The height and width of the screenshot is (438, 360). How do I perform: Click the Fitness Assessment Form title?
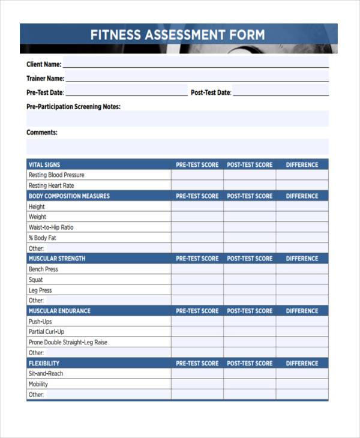click(178, 34)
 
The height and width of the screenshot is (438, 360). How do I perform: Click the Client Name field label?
click(44, 64)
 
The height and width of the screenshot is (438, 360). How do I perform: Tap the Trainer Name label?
click(45, 79)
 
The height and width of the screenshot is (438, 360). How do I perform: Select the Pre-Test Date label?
click(44, 93)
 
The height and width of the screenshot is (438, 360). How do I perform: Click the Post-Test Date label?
click(211, 93)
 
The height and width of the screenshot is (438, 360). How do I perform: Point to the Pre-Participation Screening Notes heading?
click(73, 107)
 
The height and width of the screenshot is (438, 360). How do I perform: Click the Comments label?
click(42, 133)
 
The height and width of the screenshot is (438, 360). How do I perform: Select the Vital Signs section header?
click(44, 164)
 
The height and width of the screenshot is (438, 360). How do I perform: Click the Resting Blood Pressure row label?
click(56, 175)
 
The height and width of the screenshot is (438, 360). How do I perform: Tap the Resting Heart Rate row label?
click(52, 185)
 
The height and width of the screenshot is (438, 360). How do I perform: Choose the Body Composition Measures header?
click(69, 196)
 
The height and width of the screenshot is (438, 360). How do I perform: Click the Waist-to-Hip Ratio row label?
click(51, 227)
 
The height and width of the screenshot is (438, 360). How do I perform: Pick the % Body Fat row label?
click(42, 238)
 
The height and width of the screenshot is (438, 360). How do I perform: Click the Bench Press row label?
click(43, 269)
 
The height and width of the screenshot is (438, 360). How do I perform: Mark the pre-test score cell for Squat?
click(197, 280)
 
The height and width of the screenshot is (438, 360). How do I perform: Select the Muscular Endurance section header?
click(59, 311)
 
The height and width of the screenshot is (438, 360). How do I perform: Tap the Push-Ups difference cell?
click(302, 322)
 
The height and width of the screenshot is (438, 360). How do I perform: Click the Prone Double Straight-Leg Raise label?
click(68, 342)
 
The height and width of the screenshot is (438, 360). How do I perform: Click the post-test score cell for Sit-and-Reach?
click(250, 374)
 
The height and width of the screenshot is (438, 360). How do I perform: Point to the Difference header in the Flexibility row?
click(302, 363)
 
